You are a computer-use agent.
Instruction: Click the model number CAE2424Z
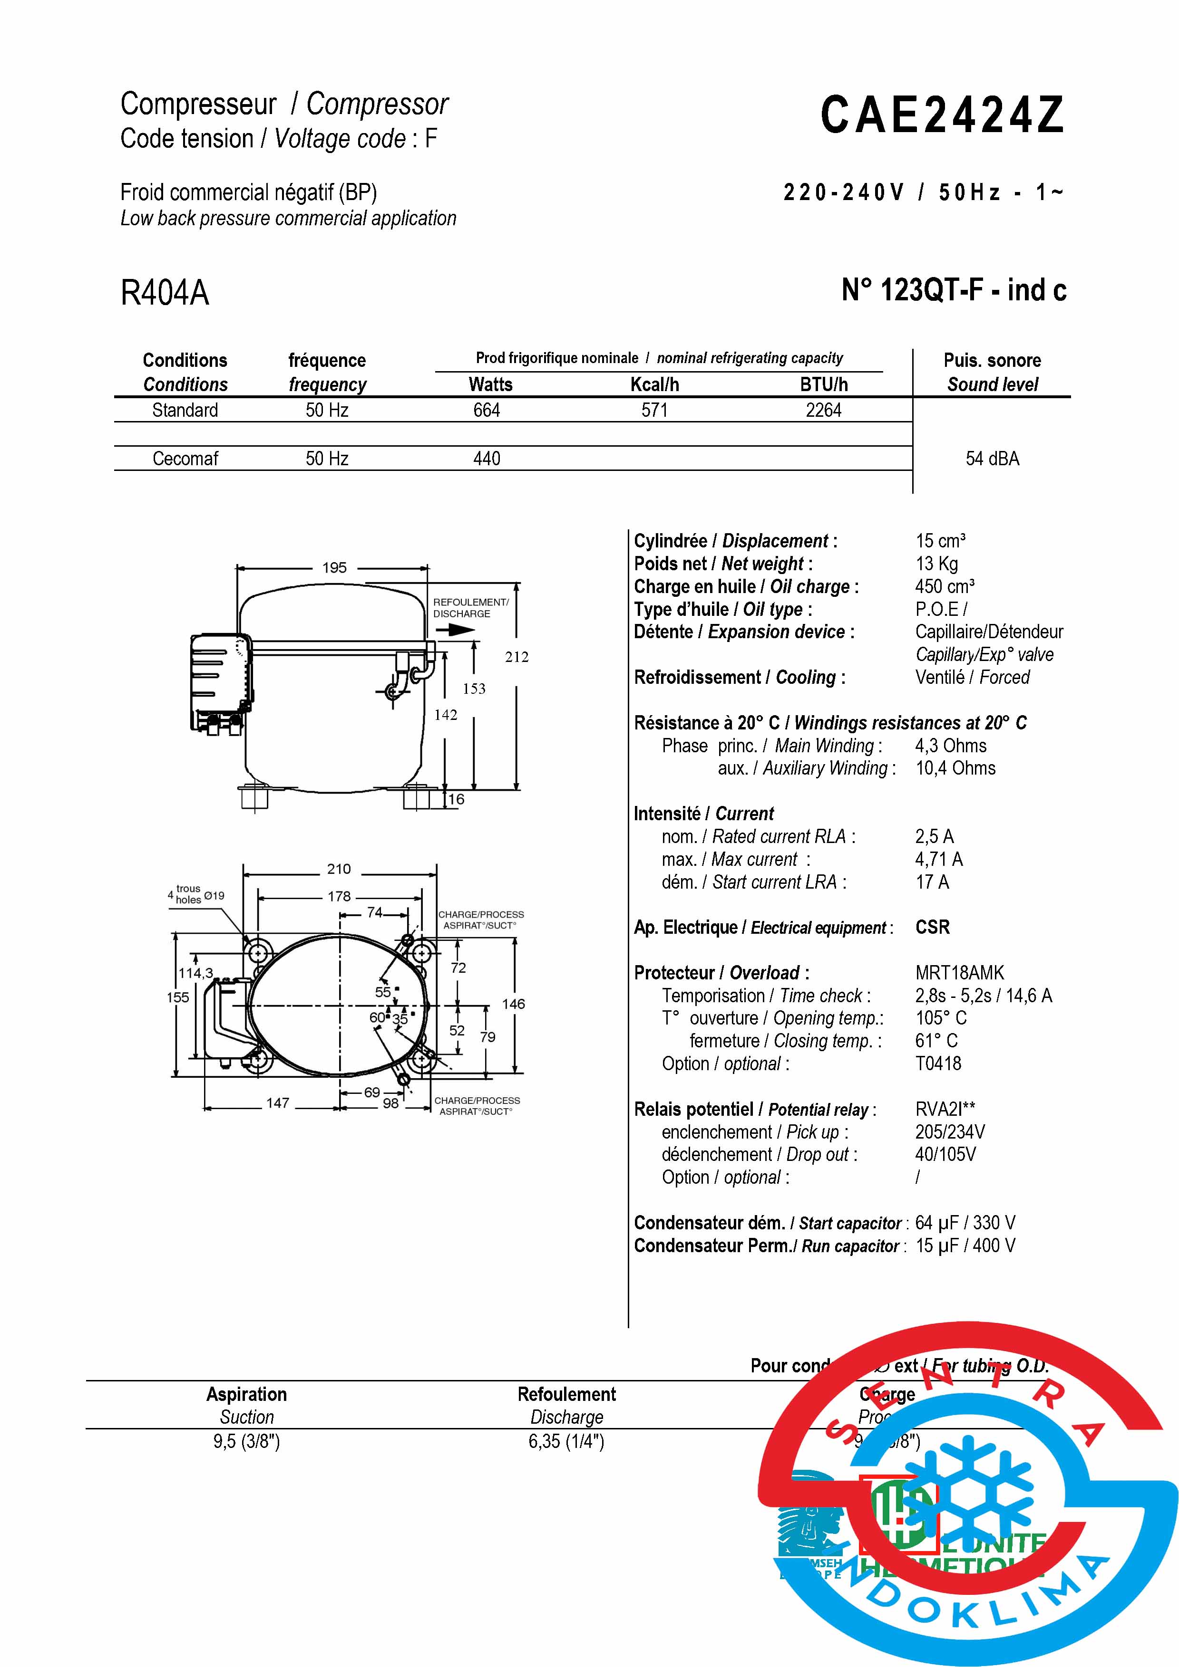pyautogui.click(x=942, y=115)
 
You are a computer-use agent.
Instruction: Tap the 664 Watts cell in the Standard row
pyautogui.click(x=486, y=410)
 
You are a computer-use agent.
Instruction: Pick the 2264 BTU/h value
pyautogui.click(x=823, y=410)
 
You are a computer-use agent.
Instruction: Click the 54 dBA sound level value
pyautogui.click(x=992, y=459)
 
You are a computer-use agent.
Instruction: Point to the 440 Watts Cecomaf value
pyautogui.click(x=486, y=459)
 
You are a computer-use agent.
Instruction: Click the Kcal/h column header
pyautogui.click(x=654, y=385)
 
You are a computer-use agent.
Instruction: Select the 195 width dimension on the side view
pyautogui.click(x=334, y=568)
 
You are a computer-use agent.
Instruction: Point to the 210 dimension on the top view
pyautogui.click(x=339, y=869)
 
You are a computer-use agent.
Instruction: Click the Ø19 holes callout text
pyautogui.click(x=214, y=896)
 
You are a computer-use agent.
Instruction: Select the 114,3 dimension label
pyautogui.click(x=195, y=974)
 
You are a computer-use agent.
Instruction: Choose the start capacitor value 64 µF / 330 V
pyautogui.click(x=965, y=1223)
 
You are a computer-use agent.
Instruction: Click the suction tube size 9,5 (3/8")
pyautogui.click(x=246, y=1441)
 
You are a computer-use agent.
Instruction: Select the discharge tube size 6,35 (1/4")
pyautogui.click(x=566, y=1441)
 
